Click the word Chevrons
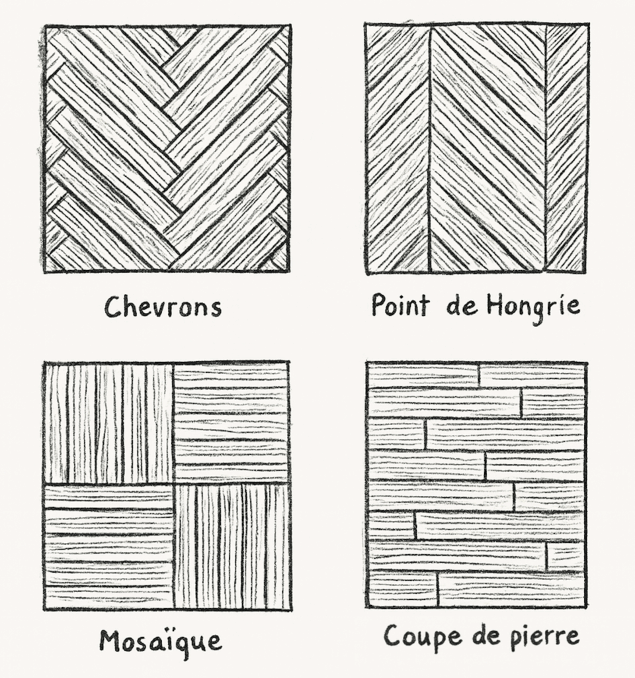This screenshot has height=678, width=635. [163, 307]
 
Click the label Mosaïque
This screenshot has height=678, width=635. [161, 642]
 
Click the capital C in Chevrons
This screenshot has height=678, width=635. [114, 307]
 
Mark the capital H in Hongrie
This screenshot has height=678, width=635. [495, 305]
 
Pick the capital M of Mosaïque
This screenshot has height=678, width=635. [110, 640]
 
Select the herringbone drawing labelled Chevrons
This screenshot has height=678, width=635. [167, 149]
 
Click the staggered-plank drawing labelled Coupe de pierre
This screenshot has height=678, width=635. [476, 485]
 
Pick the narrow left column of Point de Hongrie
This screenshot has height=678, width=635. [398, 149]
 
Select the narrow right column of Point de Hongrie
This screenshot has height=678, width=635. [566, 149]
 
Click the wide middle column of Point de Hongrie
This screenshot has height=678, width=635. [487, 149]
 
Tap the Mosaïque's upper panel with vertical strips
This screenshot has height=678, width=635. [109, 423]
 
